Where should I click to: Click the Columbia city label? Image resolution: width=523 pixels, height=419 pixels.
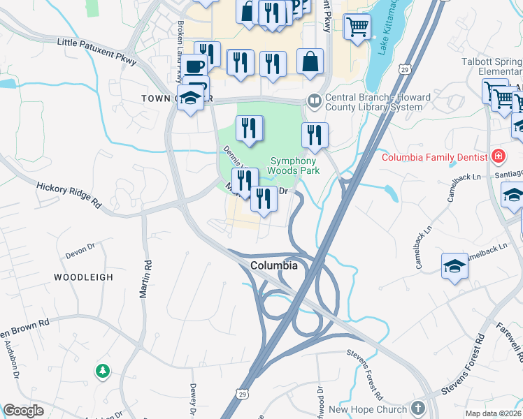[274, 266]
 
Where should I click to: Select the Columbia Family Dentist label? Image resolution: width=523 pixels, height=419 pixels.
[434, 156]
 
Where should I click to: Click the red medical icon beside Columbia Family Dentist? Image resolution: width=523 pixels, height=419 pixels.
[498, 156]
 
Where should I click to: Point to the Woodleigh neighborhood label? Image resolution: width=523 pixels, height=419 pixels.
[83, 277]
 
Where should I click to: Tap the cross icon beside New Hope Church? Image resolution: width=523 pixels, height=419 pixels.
[418, 408]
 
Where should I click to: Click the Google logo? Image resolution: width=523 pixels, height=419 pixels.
[23, 411]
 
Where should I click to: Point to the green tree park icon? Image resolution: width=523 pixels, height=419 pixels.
[103, 370]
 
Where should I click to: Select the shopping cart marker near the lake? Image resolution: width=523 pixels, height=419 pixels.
[358, 27]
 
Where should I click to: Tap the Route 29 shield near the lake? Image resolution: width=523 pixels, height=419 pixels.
[403, 69]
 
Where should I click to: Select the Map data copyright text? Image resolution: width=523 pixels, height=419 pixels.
[494, 413]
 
